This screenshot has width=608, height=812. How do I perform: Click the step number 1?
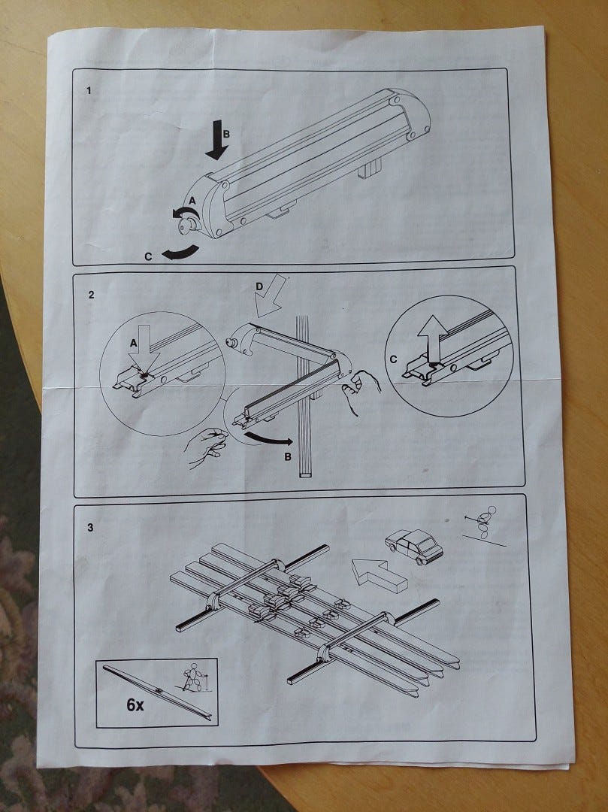click(x=89, y=91)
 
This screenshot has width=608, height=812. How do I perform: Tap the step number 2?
click(x=92, y=295)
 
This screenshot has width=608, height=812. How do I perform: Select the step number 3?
click(x=90, y=528)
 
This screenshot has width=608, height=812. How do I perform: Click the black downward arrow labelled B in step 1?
click(x=216, y=140)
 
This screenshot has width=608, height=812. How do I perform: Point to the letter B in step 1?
click(x=226, y=134)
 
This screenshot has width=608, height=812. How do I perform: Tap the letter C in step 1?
click(x=149, y=256)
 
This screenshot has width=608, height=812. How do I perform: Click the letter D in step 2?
click(x=260, y=286)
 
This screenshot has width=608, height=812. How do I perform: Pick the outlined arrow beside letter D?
click(x=270, y=295)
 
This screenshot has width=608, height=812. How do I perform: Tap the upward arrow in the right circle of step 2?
click(x=433, y=338)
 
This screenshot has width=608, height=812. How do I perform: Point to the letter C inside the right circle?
click(x=394, y=359)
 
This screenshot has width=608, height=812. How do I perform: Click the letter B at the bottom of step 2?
click(x=288, y=457)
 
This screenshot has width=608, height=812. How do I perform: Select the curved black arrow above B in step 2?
click(x=269, y=439)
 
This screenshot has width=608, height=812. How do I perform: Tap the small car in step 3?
click(x=414, y=546)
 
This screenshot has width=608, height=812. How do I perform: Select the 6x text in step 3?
click(x=135, y=704)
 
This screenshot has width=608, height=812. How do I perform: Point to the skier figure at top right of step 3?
click(x=484, y=524)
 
